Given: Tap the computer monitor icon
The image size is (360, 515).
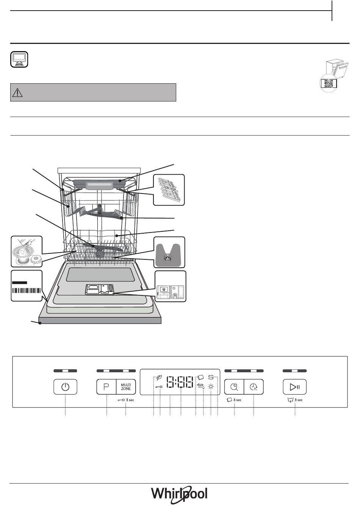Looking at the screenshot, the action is point(19,59).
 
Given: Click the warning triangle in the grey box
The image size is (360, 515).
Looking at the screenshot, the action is point(17,92).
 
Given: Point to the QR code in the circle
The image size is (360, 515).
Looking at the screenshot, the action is point(329,83).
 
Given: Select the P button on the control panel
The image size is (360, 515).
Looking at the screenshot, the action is point(106,387).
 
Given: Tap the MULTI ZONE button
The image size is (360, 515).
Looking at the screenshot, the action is point(126,387).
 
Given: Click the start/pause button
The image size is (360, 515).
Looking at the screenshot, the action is point(295,387).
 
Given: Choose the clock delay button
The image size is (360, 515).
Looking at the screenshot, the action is point(254,387).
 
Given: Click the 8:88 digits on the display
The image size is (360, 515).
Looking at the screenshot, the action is point(180,382).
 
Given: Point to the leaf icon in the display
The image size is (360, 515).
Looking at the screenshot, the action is point(159,377).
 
